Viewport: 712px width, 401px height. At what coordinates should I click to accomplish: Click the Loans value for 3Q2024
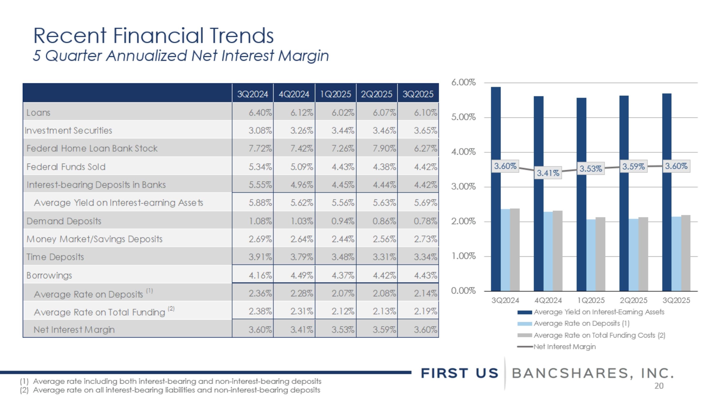tap(260, 113)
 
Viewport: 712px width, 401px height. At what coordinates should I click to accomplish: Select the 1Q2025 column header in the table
tap(335, 94)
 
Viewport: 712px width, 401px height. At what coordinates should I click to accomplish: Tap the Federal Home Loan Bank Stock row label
tap(92, 149)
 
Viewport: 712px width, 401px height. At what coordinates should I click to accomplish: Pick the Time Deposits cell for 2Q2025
tap(384, 257)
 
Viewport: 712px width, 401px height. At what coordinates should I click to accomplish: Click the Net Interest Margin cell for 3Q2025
tap(425, 330)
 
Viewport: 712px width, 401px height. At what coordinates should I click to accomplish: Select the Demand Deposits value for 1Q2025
tap(343, 221)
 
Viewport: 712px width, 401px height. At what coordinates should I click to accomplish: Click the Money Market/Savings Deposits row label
tap(94, 239)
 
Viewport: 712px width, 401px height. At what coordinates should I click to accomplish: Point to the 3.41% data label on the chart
tap(548, 173)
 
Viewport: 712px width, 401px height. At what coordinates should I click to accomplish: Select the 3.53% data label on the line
tap(590, 169)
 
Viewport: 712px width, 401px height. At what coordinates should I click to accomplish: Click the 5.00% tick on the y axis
tap(463, 117)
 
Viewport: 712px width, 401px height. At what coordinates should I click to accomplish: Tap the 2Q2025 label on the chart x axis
tap(633, 300)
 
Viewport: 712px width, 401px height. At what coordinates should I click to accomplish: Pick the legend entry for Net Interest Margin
tap(564, 347)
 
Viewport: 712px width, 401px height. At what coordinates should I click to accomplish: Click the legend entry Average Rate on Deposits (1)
tap(581, 323)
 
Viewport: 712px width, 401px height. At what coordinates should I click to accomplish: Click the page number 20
tap(659, 386)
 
